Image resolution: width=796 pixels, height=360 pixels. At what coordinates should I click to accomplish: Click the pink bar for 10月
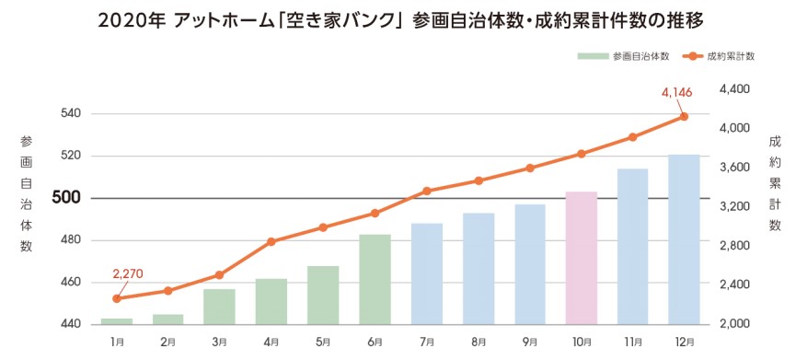coord(581,258)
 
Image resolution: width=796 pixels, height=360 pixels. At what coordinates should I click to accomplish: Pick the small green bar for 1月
coord(117,320)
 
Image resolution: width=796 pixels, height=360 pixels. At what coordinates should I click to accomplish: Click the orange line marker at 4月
coord(271,242)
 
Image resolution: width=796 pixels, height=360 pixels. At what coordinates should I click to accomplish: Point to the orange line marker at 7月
coord(426,191)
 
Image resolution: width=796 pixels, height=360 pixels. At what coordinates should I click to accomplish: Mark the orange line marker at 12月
coord(684,116)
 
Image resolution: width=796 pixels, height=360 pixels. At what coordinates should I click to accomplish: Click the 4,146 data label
coord(676,92)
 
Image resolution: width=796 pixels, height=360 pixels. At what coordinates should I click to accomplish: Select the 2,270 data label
coord(129,274)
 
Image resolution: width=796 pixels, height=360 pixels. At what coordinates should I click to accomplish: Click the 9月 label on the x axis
coord(529,342)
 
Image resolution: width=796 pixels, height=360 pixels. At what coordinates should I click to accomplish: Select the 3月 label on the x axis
coord(220,342)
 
